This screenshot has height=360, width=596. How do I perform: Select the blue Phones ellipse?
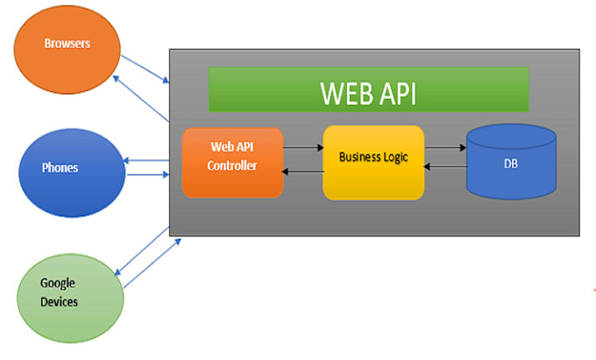pyautogui.click(x=71, y=167)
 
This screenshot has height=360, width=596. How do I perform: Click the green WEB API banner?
pyautogui.click(x=368, y=89)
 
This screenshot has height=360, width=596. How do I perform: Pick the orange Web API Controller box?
pyautogui.click(x=232, y=162)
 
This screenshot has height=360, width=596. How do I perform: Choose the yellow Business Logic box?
pyautogui.click(x=373, y=162)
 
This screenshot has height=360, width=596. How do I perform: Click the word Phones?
pyautogui.click(x=60, y=167)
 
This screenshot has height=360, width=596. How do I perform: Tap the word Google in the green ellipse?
pyautogui.click(x=58, y=283)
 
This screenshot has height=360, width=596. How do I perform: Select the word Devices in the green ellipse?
pyautogui.click(x=60, y=302)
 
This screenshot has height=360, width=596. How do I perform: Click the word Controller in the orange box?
pyautogui.click(x=233, y=164)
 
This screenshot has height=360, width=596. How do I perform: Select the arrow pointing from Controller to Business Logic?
pyautogui.click(x=303, y=148)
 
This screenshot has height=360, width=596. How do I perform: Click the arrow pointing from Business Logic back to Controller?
pyautogui.click(x=303, y=173)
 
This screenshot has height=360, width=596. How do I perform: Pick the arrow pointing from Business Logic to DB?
pyautogui.click(x=445, y=148)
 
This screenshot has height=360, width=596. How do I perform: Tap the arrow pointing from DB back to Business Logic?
pyautogui.click(x=445, y=173)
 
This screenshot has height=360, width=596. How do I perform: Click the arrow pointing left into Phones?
pyautogui.click(x=147, y=161)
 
